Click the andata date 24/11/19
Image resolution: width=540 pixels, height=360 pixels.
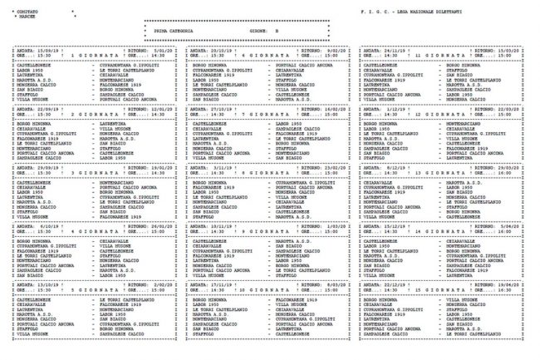pos(401,51)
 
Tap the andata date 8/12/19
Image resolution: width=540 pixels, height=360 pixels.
pos(403,165)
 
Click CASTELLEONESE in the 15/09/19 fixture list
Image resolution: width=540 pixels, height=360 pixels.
pos(33,63)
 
